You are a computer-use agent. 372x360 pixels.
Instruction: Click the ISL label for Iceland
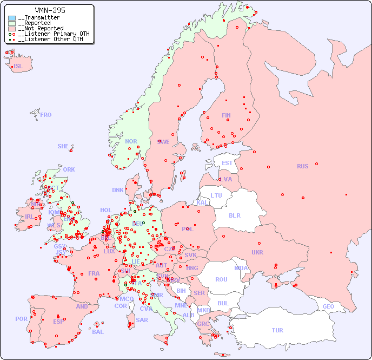(18, 67)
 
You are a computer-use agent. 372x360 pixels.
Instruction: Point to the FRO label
(45, 115)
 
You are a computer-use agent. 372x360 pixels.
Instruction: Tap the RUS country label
(302, 166)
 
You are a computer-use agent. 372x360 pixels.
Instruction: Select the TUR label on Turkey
(277, 330)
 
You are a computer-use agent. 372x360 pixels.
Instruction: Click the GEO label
(328, 306)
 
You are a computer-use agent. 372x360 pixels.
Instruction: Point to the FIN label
(226, 115)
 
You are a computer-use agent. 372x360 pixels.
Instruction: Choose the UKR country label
(257, 252)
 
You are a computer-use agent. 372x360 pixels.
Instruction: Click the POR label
(21, 319)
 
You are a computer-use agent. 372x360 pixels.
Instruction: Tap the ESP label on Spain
(58, 321)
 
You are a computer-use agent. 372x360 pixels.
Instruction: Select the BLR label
(234, 215)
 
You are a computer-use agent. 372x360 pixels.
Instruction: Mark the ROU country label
(221, 279)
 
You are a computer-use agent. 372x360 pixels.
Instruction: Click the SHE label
(63, 146)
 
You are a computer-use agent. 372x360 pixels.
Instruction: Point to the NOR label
(131, 141)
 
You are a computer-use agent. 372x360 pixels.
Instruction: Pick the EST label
(227, 163)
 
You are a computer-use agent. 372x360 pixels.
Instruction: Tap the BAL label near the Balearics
(97, 332)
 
